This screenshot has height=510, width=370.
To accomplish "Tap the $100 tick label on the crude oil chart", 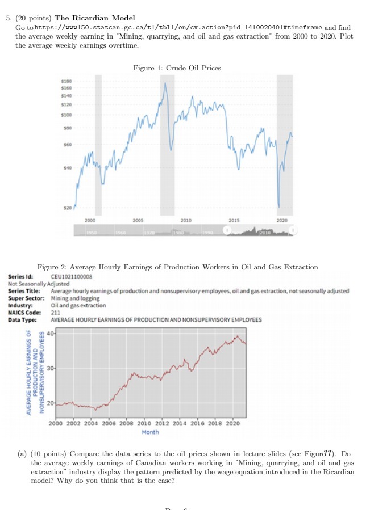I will pyautogui.click(x=67, y=114).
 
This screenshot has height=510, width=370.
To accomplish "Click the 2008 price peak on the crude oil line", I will pyautogui.click(x=166, y=84).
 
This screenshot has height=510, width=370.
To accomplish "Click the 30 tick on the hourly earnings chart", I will pyautogui.click(x=51, y=369).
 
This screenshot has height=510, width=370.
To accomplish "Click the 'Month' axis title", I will pyautogui.click(x=151, y=432).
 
